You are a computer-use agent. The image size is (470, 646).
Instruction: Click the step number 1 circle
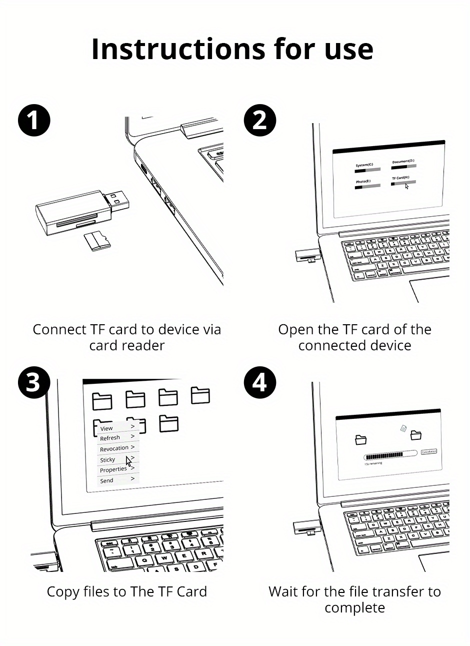34,120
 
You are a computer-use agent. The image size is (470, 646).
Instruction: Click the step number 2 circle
259,120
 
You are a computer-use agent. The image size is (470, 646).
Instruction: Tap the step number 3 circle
34,383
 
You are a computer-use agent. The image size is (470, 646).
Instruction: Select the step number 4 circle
259,383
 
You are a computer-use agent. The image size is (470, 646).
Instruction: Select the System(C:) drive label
364,165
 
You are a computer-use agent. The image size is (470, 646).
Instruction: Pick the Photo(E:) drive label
363,181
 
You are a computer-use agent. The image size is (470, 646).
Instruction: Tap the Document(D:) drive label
403,161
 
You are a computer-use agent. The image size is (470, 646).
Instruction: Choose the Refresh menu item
110,438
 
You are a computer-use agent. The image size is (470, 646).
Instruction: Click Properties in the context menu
113,469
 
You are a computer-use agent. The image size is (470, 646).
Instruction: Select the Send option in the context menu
107,480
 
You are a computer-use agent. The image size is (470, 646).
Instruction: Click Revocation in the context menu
114,448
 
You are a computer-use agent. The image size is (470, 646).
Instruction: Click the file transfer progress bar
390,456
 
